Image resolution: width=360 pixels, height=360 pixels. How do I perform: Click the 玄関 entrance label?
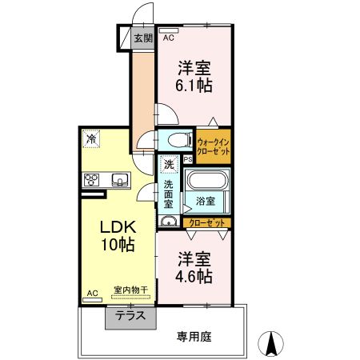tap(142, 38)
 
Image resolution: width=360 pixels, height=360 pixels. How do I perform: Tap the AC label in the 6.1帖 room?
tap(169, 37)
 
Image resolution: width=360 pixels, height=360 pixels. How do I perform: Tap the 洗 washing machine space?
tap(168, 164)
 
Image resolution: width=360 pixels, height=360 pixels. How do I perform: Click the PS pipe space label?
tap(187, 159)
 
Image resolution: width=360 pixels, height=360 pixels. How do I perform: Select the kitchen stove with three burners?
tap(90, 179)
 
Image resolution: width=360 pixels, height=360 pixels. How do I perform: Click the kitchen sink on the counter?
tap(118, 179)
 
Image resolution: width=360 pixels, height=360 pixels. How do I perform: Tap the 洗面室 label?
tap(169, 193)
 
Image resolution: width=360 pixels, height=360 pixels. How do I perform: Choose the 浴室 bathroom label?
tap(206, 200)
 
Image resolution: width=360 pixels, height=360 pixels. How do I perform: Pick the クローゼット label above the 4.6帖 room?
tap(207, 222)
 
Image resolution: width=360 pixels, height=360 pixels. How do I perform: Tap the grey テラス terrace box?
tap(129, 316)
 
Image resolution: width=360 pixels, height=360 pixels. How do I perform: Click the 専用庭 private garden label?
tap(194, 337)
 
